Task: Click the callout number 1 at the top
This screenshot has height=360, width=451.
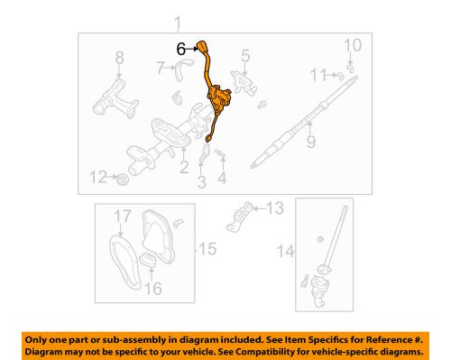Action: click(178, 23)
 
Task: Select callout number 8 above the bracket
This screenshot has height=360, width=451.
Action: click(117, 60)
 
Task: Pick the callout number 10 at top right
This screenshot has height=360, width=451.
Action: click(353, 45)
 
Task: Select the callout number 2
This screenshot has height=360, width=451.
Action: click(184, 166)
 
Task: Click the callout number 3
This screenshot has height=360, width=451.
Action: click(201, 183)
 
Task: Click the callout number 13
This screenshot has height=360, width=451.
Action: click(275, 209)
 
